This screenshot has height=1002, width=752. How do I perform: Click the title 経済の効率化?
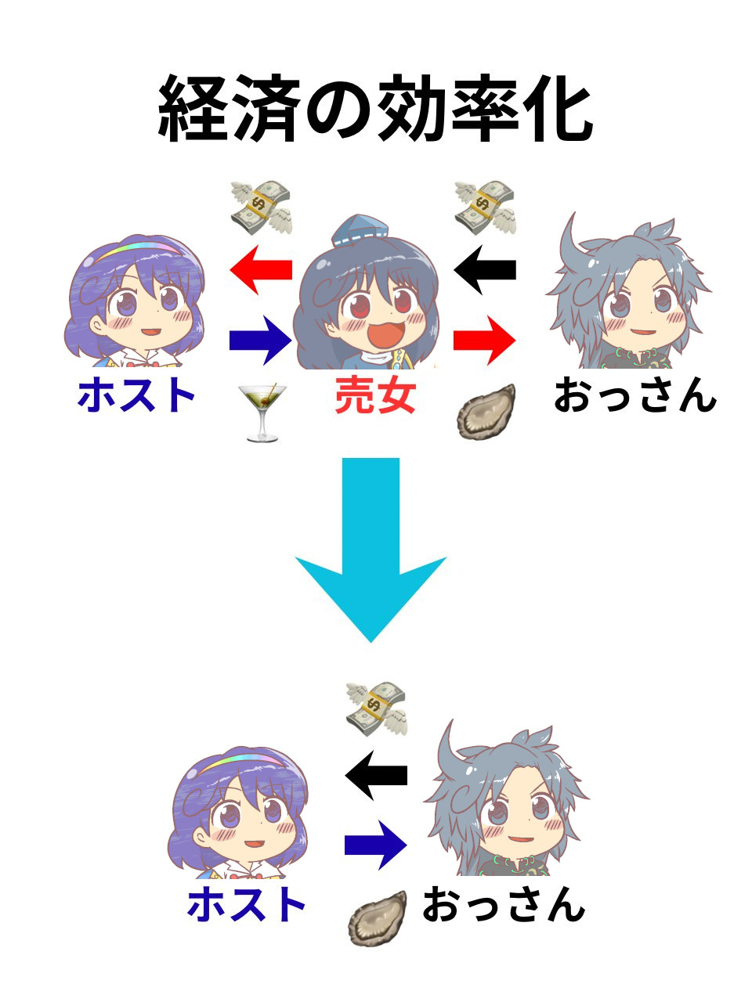coord(374,108)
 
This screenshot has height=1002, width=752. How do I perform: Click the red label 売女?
coord(374,395)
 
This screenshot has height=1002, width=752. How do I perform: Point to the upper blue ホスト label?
coord(136,395)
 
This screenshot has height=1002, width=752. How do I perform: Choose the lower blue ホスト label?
coord(246,904)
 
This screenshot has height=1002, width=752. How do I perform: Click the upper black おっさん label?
coord(634,395)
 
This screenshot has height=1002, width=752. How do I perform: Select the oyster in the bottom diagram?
coord(377,915)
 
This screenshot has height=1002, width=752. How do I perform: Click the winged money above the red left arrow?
coord(260,207)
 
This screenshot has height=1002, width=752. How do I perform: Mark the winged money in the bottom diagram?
coord(377,708)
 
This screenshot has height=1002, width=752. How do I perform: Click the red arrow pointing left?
coord(260,270)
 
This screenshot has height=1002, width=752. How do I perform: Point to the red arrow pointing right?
coord(484,341)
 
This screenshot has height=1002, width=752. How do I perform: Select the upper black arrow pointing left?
coord(484,270)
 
